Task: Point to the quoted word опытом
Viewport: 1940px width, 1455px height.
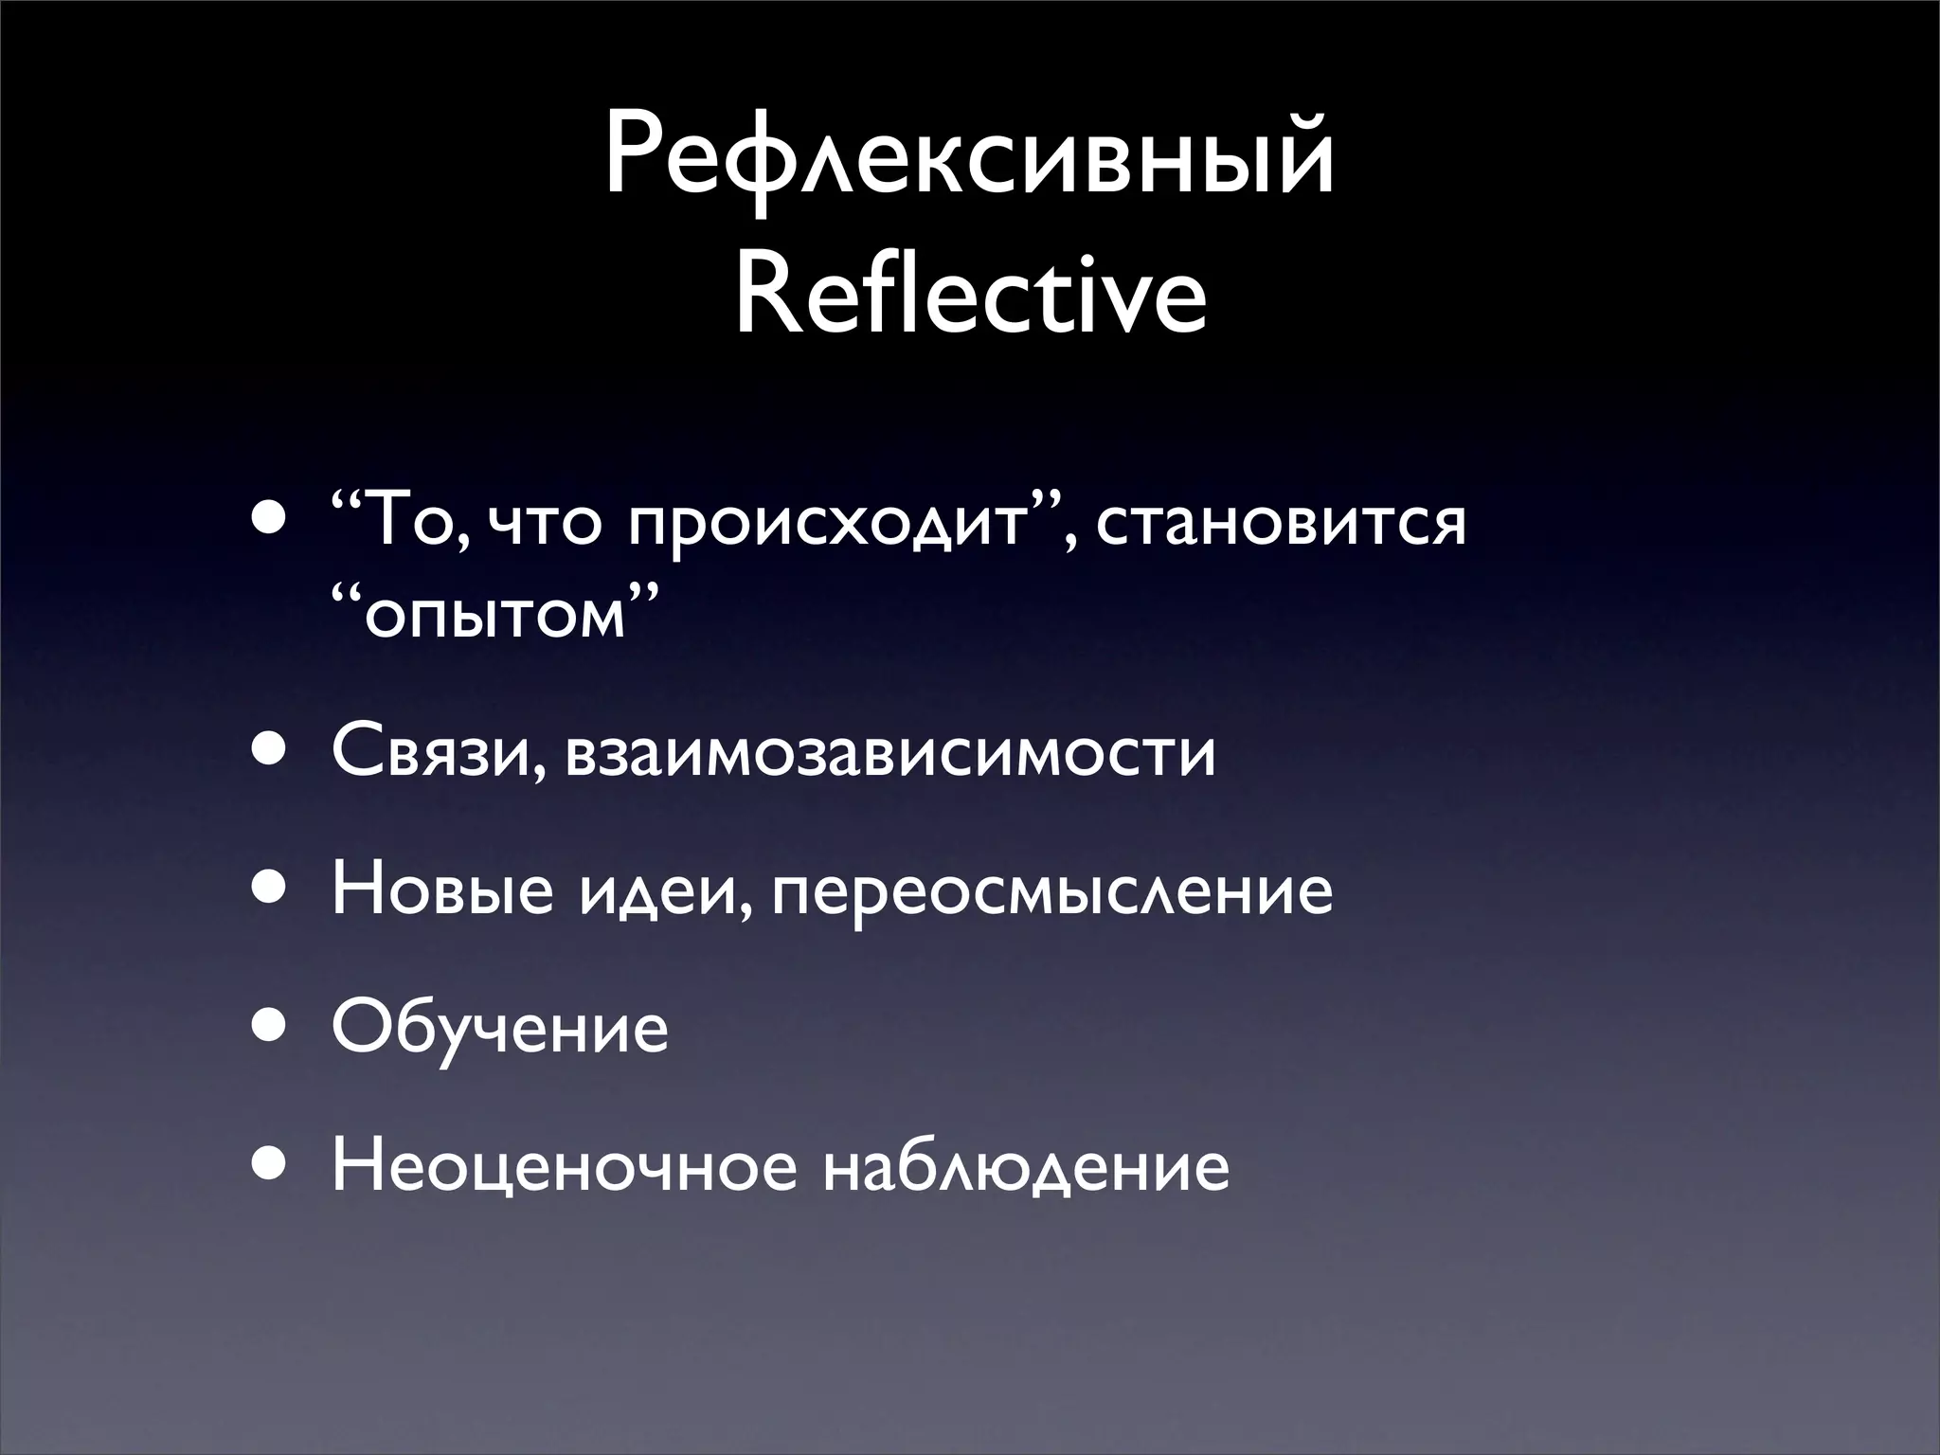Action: tap(494, 618)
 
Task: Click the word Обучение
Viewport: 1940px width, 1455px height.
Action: tap(500, 1030)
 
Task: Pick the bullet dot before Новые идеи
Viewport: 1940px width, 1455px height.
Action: tap(268, 892)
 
